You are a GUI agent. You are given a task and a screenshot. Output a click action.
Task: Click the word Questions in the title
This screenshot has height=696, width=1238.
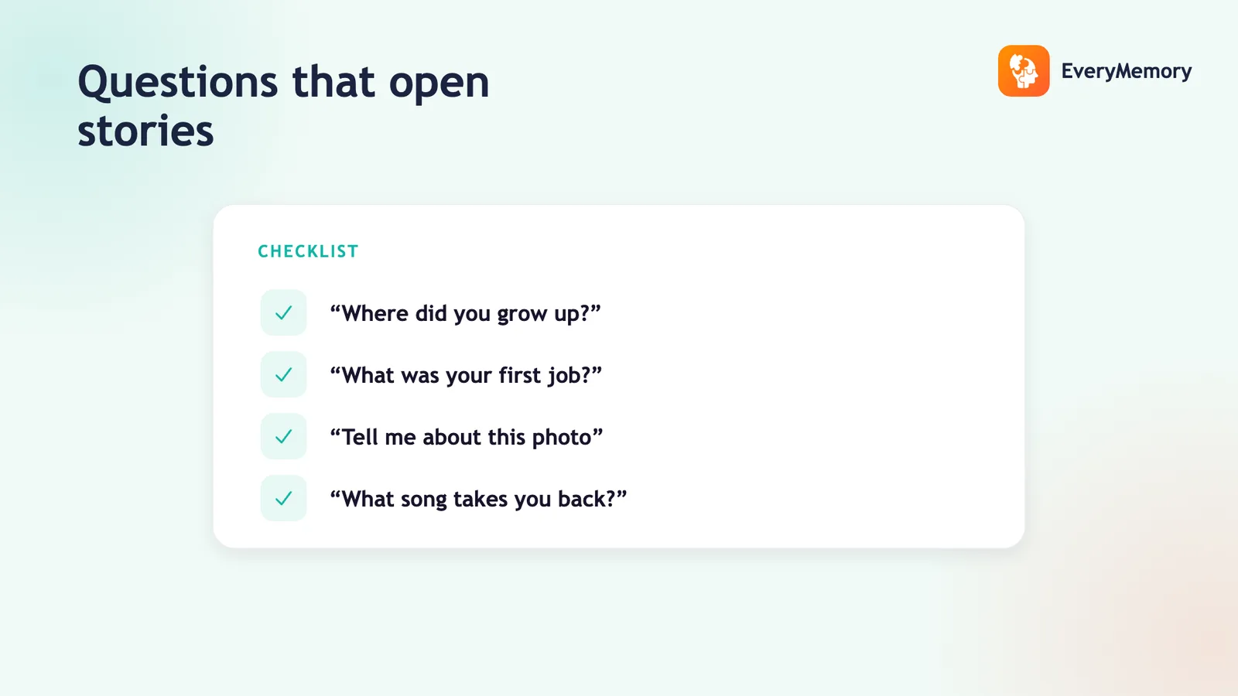178,82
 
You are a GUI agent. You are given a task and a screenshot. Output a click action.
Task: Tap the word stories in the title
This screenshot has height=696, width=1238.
145,131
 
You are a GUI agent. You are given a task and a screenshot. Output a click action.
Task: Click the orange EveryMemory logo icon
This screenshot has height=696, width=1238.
1024,70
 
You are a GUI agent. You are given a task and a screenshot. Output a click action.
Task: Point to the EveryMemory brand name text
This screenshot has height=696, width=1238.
1127,71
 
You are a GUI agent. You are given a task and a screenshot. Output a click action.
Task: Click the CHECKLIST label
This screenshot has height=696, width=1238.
309,252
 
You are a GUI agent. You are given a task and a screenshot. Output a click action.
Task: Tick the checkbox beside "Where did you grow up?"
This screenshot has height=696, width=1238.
283,312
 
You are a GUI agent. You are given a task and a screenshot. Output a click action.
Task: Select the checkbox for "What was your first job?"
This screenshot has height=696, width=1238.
283,374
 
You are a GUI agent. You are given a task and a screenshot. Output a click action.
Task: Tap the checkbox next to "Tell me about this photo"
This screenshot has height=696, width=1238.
283,436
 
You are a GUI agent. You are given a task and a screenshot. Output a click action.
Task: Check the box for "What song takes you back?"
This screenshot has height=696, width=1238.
283,498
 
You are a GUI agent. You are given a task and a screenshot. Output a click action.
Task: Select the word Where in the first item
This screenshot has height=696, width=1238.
375,313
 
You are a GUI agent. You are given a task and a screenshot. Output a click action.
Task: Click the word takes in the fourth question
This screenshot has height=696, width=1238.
480,499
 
